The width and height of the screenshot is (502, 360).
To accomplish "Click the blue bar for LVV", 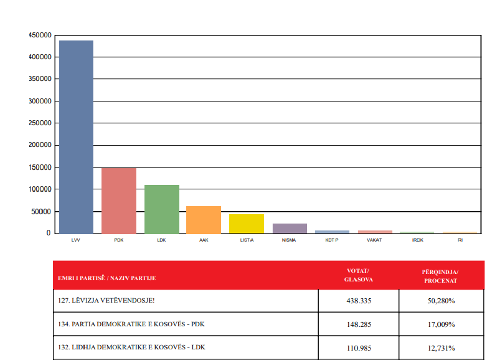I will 76,137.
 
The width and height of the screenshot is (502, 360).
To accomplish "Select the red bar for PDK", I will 119,201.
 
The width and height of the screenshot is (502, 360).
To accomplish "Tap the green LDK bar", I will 162,209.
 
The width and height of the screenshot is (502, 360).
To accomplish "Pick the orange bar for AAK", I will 204,220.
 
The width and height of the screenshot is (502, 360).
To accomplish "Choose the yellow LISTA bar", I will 246,224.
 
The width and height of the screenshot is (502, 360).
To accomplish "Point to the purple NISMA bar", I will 289,228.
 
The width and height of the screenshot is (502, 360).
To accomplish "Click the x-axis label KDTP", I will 332,240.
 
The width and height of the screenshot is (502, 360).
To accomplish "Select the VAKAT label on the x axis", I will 374,240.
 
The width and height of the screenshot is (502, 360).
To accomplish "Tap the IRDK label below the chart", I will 417,240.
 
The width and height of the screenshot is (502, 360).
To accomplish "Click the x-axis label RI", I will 460,240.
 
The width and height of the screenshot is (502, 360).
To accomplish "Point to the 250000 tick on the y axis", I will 40,123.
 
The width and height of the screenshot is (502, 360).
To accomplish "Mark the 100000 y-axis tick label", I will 40,189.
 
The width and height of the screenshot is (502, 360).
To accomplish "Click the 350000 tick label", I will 40,79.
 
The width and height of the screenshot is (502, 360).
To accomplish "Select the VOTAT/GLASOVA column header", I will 358,275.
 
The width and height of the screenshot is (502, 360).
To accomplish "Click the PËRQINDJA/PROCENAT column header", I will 440,276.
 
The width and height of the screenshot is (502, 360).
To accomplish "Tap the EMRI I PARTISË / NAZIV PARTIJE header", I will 107,278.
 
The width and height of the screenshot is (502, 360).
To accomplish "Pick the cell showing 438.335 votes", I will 359,301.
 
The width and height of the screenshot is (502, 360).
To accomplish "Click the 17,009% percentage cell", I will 441,324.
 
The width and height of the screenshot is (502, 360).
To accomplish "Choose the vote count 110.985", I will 359,348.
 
